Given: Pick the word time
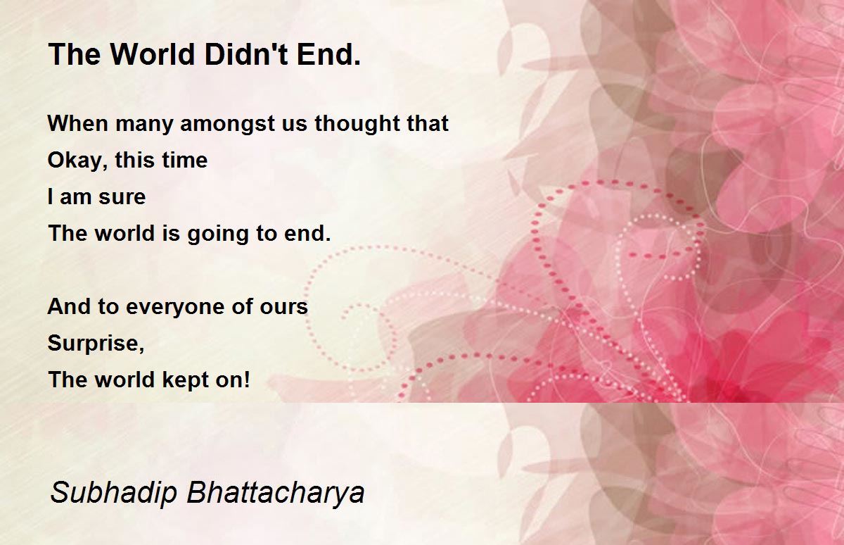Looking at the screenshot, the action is point(184,160).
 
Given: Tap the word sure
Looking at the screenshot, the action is point(122,197).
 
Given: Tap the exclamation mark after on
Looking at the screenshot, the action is point(247,379).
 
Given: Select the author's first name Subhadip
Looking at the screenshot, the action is point(113,493).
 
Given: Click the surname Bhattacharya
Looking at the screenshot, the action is point(276,493).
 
